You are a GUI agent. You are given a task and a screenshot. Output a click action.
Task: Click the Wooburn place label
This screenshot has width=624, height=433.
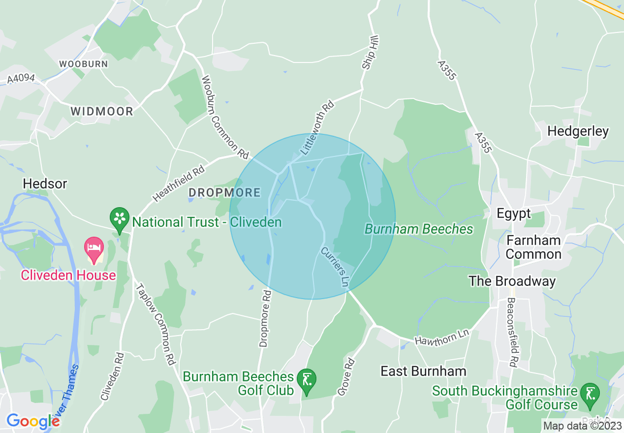click(x=83, y=64)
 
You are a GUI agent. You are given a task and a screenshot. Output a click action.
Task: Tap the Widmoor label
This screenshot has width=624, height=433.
click(x=102, y=111)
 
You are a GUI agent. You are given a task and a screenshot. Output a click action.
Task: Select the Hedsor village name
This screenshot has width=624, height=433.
click(x=45, y=184)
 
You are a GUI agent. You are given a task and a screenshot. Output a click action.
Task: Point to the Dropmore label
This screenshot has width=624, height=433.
click(x=224, y=192)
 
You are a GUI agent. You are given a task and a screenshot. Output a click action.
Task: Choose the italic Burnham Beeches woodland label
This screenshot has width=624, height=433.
click(x=419, y=229)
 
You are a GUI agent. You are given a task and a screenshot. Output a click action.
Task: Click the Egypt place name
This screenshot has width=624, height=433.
click(x=514, y=214)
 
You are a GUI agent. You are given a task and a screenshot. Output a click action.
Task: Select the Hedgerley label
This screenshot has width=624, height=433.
click(x=578, y=131)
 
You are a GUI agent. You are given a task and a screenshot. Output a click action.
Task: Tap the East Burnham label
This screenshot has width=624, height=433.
click(x=423, y=371)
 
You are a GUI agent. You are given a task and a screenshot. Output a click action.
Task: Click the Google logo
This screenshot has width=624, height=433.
click(x=33, y=421)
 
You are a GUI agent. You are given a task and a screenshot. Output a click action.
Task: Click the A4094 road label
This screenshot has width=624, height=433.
click(x=22, y=78)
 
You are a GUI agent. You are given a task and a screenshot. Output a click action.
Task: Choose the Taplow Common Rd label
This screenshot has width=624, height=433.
click(x=156, y=323)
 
